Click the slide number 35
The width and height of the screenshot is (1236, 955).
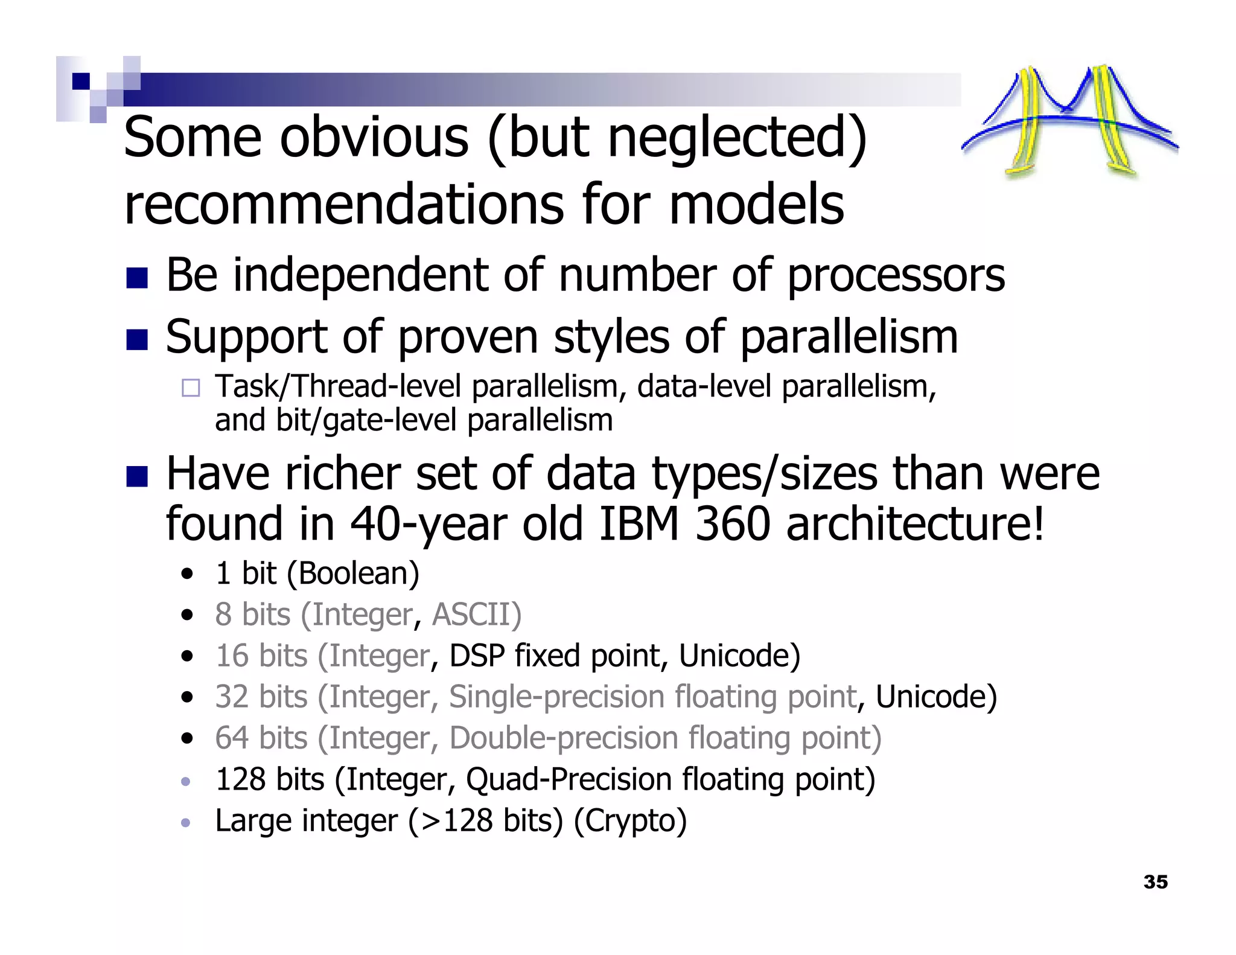click(1155, 882)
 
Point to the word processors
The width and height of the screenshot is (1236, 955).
click(896, 275)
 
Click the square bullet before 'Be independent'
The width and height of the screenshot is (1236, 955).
click(137, 278)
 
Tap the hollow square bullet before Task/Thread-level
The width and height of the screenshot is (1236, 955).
click(191, 388)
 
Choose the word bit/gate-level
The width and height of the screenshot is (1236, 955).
click(366, 420)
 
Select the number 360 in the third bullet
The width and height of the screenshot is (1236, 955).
click(732, 524)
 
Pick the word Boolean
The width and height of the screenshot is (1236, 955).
click(353, 573)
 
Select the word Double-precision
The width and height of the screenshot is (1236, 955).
click(564, 738)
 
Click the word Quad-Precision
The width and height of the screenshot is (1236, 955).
click(569, 779)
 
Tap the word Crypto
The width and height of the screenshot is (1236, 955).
click(630, 821)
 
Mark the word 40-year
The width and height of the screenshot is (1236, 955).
click(428, 524)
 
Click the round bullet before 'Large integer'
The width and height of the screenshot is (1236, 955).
click(186, 823)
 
